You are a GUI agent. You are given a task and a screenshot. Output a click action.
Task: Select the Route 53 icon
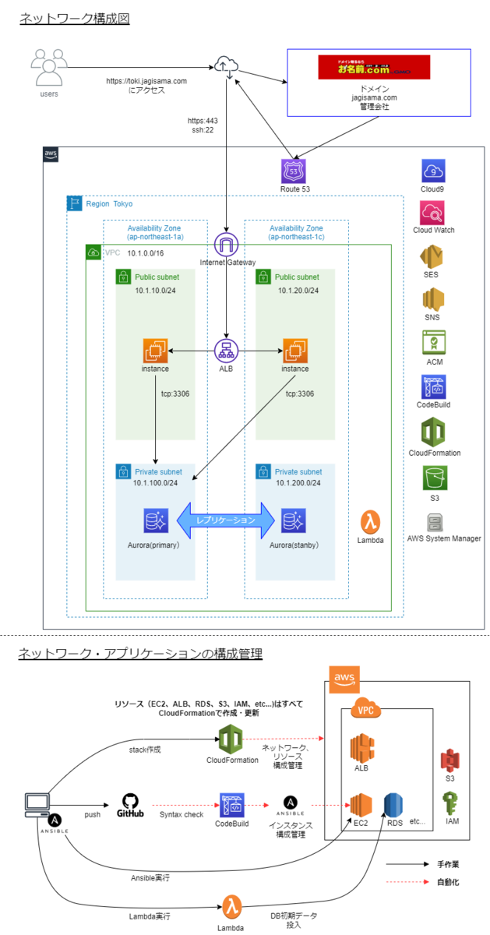[x=294, y=171]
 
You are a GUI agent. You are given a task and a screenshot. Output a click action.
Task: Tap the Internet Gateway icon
[x=226, y=245]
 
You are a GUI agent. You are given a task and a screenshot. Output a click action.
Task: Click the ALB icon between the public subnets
[x=226, y=350]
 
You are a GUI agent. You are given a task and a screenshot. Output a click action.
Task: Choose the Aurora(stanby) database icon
[x=293, y=520]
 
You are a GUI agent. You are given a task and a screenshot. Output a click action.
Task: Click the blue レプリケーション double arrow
[x=225, y=520]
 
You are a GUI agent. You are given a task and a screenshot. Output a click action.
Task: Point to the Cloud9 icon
[x=434, y=171]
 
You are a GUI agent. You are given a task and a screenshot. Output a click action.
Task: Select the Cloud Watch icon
[x=433, y=212]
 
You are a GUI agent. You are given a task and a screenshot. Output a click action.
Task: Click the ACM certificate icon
[x=433, y=343]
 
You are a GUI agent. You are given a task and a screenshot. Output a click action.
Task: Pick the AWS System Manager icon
[x=433, y=522]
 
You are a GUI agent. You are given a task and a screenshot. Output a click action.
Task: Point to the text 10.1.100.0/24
[x=156, y=483]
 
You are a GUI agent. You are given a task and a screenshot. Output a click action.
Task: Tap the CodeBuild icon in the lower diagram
[x=232, y=803]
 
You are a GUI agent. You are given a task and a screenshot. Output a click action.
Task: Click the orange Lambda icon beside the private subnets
[x=372, y=522]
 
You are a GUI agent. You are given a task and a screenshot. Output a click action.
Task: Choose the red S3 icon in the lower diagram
[x=449, y=761]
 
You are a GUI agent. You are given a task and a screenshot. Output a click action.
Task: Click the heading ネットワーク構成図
[x=74, y=19]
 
